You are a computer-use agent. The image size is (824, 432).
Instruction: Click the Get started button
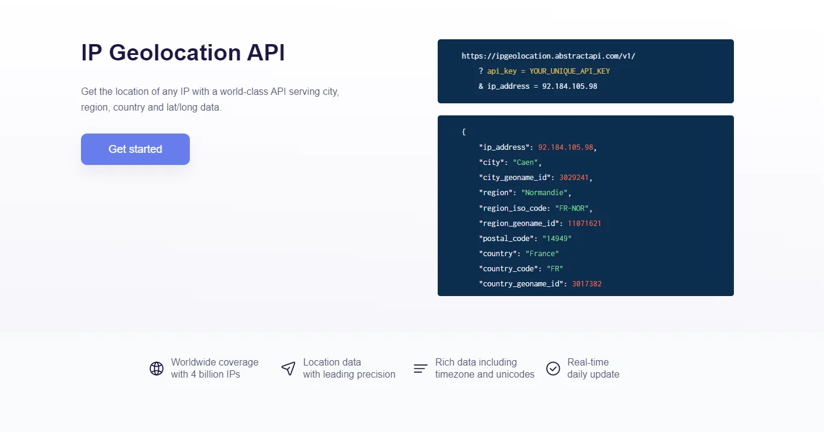point(135,149)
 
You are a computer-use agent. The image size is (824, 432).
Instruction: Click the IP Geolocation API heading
point(183,53)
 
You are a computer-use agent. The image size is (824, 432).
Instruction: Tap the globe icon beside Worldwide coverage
point(157,369)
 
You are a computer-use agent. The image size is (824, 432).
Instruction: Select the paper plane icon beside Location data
point(288,369)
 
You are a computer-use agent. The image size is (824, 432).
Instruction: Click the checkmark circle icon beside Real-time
point(553,369)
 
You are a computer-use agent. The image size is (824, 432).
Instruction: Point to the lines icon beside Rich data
point(421,369)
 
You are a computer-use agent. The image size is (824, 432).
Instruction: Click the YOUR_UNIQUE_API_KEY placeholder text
point(569,71)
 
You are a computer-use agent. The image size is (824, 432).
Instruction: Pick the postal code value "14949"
point(557,239)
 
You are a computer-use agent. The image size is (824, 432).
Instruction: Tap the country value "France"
point(542,254)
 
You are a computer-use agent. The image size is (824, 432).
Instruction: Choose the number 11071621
point(584,224)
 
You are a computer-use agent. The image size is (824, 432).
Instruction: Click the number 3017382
point(586,284)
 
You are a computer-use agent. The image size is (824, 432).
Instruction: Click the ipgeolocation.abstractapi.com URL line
point(548,56)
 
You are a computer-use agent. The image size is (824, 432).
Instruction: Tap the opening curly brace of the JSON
point(464,132)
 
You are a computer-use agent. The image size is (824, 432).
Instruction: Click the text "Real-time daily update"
point(593,369)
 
